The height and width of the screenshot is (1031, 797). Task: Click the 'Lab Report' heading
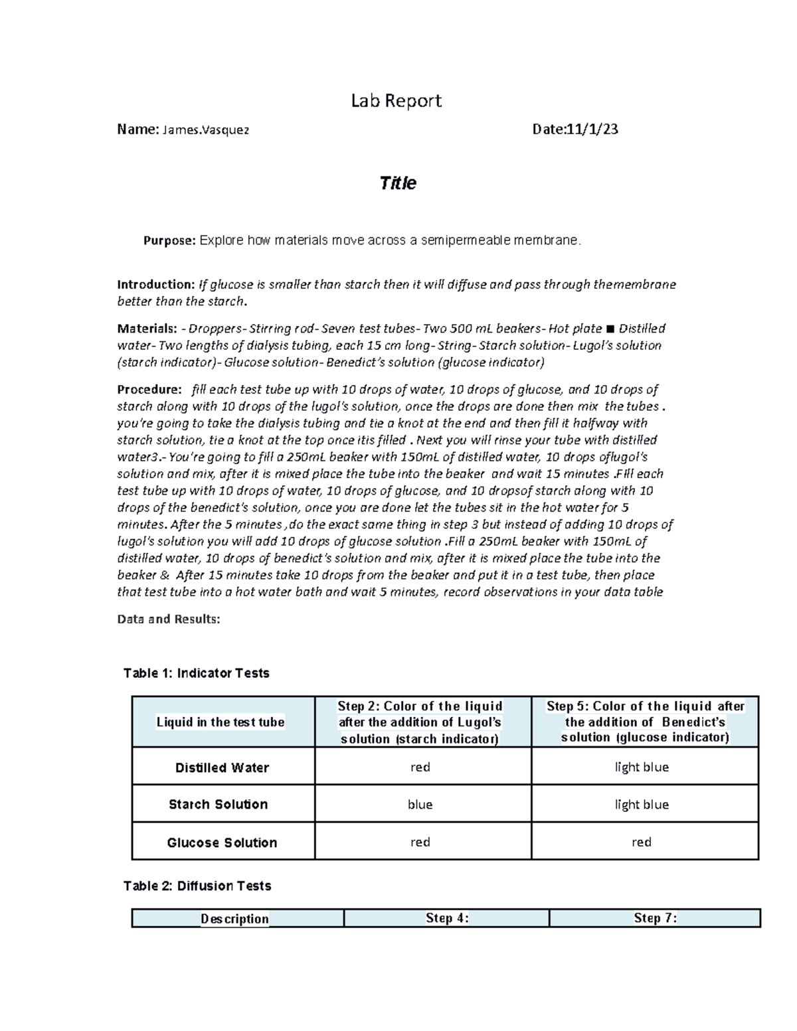click(x=396, y=101)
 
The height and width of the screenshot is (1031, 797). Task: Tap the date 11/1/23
click(x=592, y=129)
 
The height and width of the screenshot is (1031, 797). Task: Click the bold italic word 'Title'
click(x=397, y=183)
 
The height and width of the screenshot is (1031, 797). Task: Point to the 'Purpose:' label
click(x=169, y=241)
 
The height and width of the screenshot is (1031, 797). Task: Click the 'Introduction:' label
click(x=156, y=285)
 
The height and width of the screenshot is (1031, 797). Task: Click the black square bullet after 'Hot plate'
click(x=610, y=329)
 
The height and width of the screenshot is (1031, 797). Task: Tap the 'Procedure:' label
click(x=149, y=390)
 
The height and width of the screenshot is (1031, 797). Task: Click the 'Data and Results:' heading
click(x=168, y=619)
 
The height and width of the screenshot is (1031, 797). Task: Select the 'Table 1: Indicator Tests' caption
click(x=196, y=673)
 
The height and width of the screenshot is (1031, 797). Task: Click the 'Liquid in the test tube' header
click(x=221, y=722)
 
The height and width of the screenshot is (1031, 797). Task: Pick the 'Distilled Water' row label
click(x=222, y=767)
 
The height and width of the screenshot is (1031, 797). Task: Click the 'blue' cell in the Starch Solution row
click(x=420, y=805)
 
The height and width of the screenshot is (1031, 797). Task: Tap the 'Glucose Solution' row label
click(x=222, y=842)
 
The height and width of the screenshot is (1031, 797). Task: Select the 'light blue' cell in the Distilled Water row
click(x=642, y=767)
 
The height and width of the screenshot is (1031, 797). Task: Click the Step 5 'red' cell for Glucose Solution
click(x=642, y=842)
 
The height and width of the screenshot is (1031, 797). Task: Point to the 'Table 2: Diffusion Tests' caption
click(x=197, y=886)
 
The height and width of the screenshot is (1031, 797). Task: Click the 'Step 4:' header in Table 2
click(x=447, y=918)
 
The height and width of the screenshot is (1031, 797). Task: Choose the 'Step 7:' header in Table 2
click(x=655, y=918)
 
